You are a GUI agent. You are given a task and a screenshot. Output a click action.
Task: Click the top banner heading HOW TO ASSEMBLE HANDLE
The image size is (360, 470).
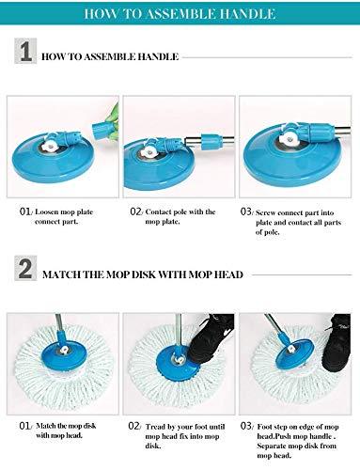pyautogui.click(x=180, y=14)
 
